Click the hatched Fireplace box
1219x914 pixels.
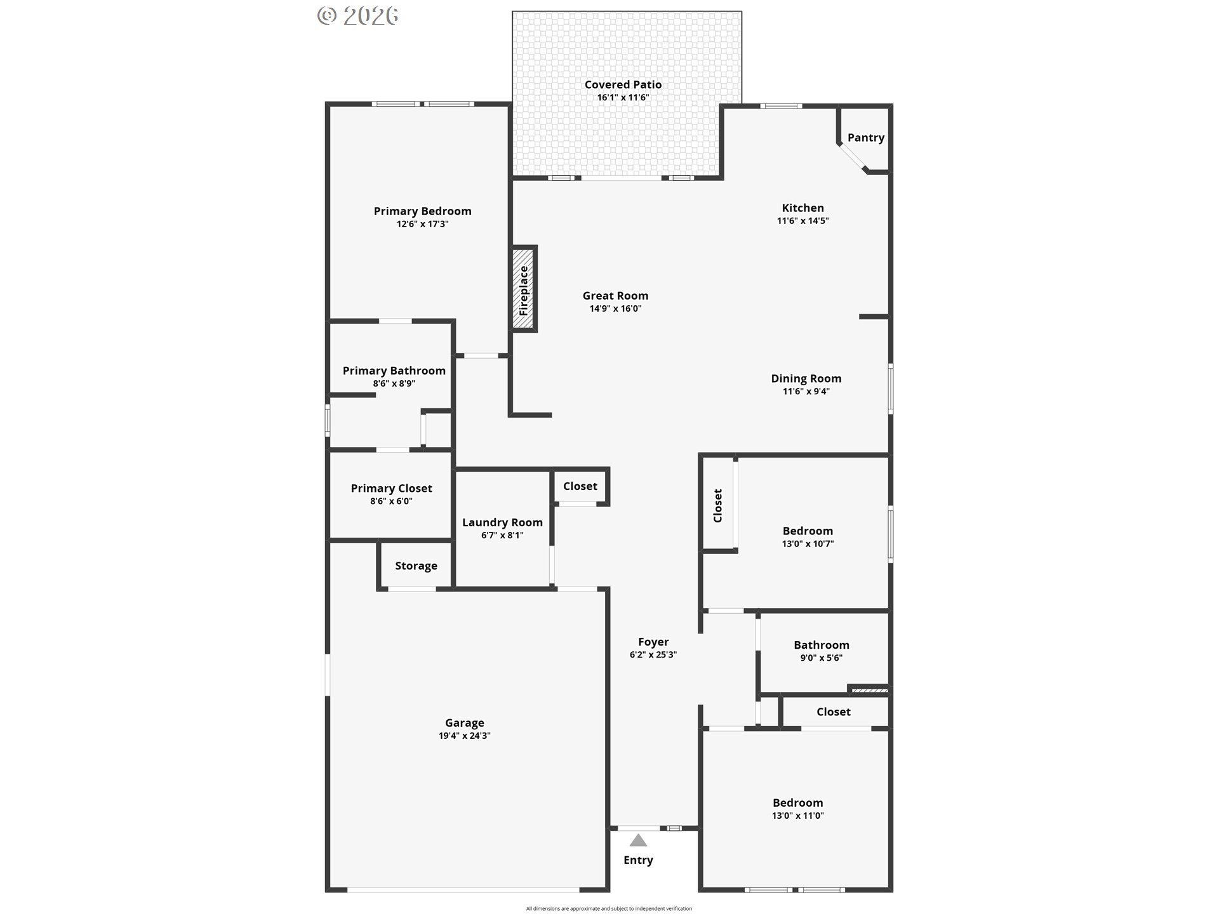(524, 289)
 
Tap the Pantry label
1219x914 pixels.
(865, 138)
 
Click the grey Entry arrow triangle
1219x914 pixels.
(638, 840)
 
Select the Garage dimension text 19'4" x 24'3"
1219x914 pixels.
(465, 736)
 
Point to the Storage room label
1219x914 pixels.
(416, 566)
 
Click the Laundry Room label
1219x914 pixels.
(502, 522)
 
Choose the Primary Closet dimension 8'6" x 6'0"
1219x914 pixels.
(391, 501)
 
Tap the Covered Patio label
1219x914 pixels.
(623, 84)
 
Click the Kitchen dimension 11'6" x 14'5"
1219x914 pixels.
(803, 221)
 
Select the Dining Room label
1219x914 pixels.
(806, 379)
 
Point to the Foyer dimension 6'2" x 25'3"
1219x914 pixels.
(653, 654)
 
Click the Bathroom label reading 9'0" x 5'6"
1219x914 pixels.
(822, 658)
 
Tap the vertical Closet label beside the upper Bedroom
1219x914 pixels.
(718, 505)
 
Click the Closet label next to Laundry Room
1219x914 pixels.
(580, 486)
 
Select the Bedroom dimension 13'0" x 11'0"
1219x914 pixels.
(797, 816)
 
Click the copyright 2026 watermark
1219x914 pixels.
(358, 16)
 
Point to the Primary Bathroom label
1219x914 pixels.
(394, 371)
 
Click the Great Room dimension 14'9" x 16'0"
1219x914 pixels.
(615, 308)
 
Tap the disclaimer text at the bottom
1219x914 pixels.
(609, 908)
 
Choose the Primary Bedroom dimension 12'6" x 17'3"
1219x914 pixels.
(422, 224)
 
